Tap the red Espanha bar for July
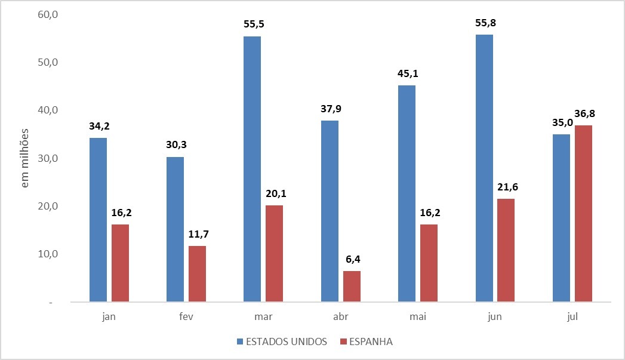click(x=583, y=213)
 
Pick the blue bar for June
click(x=484, y=168)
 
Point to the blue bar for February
click(x=175, y=229)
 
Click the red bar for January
click(x=120, y=263)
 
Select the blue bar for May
click(x=407, y=193)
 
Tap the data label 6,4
click(x=352, y=260)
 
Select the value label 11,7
click(x=197, y=235)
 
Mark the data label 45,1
click(x=407, y=75)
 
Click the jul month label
click(x=572, y=317)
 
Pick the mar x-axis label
click(x=263, y=317)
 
